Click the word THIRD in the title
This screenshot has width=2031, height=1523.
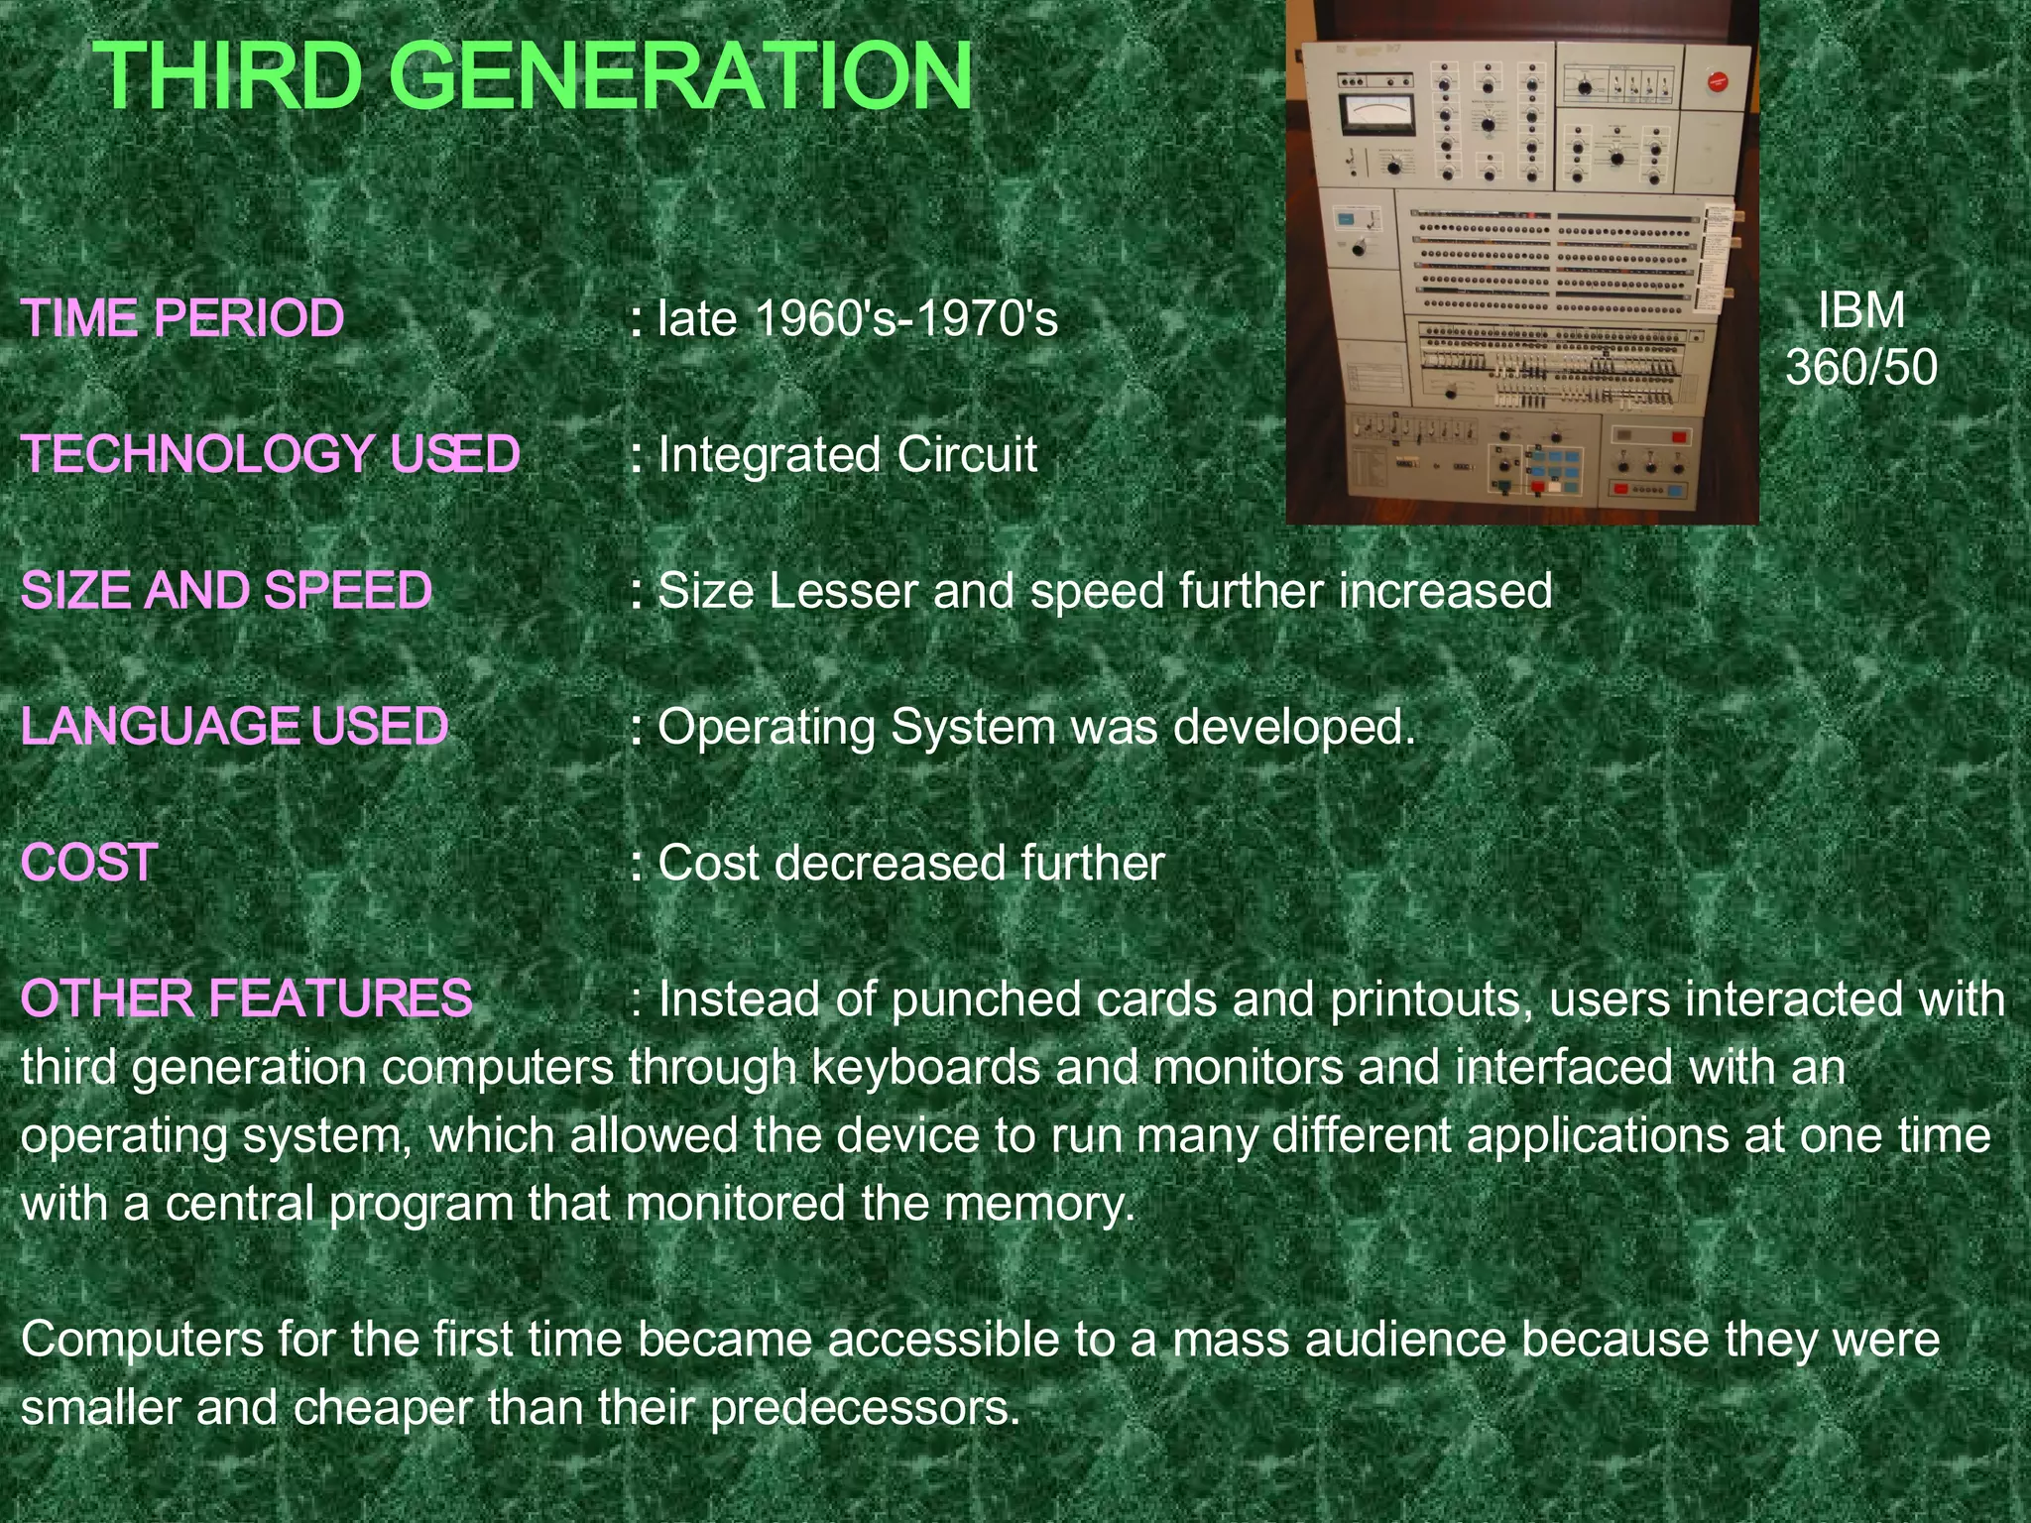(230, 76)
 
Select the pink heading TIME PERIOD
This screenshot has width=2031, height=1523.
(182, 318)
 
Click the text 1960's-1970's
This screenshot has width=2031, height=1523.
(906, 318)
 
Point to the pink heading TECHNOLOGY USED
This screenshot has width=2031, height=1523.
(271, 454)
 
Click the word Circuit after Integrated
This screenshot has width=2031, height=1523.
(967, 455)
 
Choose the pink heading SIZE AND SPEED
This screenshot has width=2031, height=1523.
(227, 591)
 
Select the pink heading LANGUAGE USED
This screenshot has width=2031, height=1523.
(235, 726)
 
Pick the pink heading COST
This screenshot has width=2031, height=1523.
(89, 863)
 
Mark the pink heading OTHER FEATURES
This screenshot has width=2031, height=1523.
(247, 998)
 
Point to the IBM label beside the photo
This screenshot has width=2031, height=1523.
(1861, 310)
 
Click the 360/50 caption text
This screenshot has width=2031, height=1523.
(1861, 367)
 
